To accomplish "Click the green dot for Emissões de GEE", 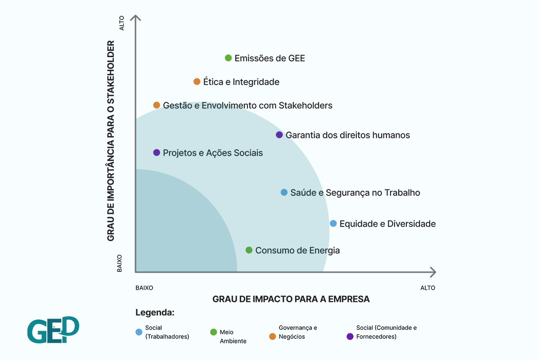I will (228, 58).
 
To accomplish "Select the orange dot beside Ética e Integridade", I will (197, 81).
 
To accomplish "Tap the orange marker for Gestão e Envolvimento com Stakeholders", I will (157, 105).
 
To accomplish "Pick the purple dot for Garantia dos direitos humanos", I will (279, 135).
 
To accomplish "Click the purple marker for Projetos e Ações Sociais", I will (157, 153).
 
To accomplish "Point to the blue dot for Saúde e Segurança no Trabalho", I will (284, 192).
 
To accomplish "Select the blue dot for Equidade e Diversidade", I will (333, 223).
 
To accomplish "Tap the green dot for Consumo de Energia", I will (249, 250).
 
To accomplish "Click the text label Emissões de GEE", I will (270, 58).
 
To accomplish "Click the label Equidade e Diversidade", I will (387, 224).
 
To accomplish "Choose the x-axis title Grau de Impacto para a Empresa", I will (291, 299).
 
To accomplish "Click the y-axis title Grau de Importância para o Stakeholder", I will (111, 141).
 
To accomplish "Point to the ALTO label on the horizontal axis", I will (427, 288).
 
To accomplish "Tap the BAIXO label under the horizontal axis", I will (144, 288).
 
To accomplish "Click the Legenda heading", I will (154, 312).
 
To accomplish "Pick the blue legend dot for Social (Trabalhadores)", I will (139, 332).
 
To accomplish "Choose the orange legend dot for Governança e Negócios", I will (272, 336).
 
